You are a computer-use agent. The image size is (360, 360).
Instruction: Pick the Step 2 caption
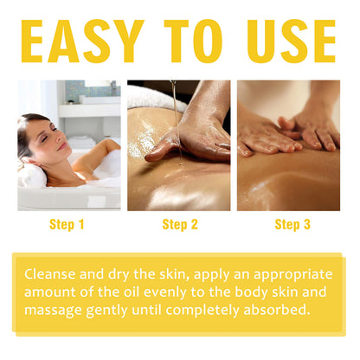(x=179, y=225)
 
